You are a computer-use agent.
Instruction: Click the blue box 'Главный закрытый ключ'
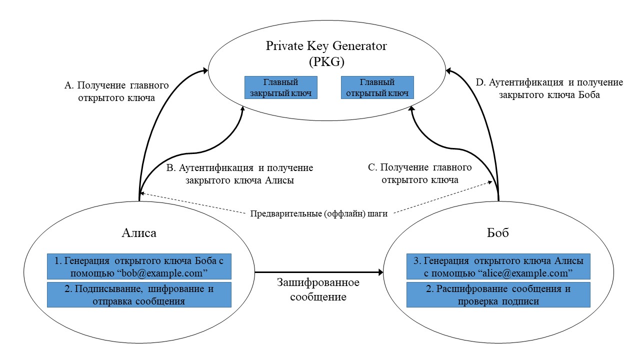(280, 87)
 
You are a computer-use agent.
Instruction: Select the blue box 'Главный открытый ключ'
(377, 87)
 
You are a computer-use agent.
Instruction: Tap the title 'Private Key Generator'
(326, 46)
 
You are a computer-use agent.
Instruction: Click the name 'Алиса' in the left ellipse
(139, 233)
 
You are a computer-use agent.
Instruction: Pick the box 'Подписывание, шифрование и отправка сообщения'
(139, 294)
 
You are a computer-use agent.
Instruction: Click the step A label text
(116, 92)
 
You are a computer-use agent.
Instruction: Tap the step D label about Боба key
(549, 88)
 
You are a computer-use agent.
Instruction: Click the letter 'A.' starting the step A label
(69, 85)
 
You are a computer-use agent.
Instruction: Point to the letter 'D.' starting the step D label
(480, 82)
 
